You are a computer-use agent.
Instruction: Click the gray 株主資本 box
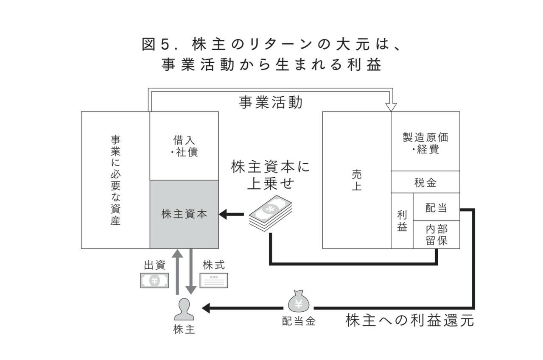point(184,214)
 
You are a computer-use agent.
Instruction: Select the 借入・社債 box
point(184,145)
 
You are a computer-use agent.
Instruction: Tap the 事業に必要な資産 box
point(115,180)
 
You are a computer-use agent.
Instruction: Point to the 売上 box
point(357,180)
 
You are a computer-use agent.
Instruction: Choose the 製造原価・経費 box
point(425,141)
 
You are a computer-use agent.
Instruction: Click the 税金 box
point(425,182)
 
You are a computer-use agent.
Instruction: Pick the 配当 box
point(436,207)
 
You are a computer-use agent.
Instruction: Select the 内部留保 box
point(436,234)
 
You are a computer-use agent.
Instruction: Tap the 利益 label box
point(402,220)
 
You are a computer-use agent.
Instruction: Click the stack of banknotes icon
point(270,213)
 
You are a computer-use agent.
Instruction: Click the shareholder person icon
point(184,310)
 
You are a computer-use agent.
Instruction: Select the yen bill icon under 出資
point(154,280)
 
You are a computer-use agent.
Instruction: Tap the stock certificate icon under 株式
point(214,280)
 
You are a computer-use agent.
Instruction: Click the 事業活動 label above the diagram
point(271,103)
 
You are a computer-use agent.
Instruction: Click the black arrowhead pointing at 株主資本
point(224,214)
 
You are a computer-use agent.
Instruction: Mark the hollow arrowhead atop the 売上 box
point(391,106)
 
